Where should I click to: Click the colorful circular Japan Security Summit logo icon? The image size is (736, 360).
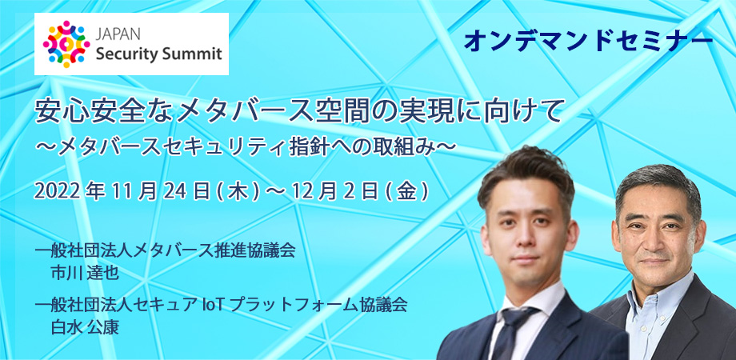66,44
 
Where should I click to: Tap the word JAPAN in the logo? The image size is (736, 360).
114,36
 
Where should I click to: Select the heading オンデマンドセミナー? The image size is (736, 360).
588,42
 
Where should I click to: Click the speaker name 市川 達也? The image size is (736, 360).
85,273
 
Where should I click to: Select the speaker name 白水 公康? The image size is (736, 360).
85,327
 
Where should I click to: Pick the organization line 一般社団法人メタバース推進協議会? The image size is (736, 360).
165,251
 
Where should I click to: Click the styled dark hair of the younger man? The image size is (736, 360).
526,176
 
